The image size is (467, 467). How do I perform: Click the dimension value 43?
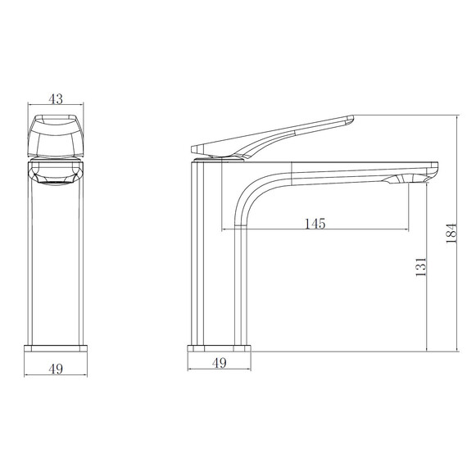(56, 98)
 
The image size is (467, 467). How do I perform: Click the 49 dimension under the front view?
(56, 369)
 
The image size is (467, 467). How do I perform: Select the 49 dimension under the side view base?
(220, 363)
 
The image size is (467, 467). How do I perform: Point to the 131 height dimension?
(420, 270)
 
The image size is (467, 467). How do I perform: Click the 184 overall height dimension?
(449, 235)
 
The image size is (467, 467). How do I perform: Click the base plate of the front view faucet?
(56, 348)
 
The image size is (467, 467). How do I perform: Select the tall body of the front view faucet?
(56, 262)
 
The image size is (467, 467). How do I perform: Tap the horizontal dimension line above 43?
(56, 107)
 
